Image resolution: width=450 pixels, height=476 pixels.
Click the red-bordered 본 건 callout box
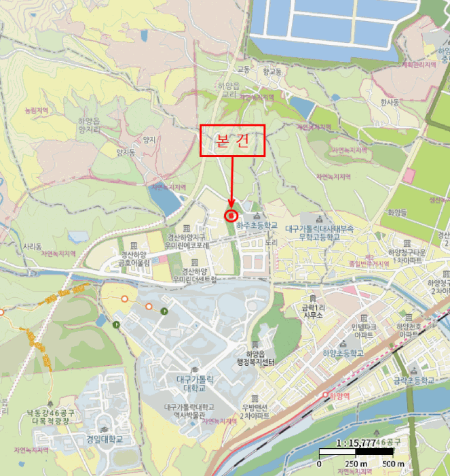click(x=231, y=140)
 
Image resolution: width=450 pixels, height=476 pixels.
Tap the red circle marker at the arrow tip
click(x=231, y=216)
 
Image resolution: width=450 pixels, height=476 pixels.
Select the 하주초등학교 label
click(x=257, y=225)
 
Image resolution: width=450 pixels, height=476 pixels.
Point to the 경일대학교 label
click(x=105, y=439)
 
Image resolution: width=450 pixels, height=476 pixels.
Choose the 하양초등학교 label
click(x=343, y=354)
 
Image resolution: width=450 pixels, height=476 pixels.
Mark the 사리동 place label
click(x=33, y=245)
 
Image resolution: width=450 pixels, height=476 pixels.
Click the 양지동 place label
click(x=126, y=152)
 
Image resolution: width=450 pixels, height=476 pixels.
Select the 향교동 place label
click(x=271, y=70)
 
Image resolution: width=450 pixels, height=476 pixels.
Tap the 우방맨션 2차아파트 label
click(x=255, y=411)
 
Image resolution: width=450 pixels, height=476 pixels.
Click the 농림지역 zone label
click(x=37, y=109)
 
